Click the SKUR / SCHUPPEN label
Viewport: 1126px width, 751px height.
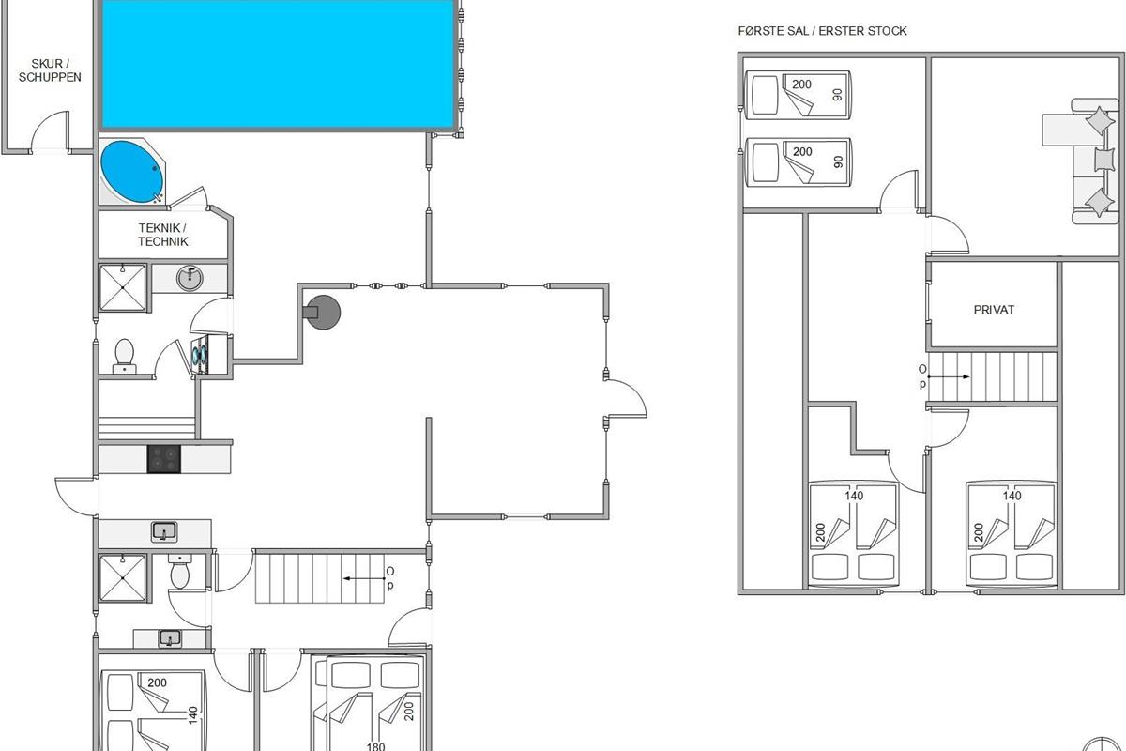tap(50, 70)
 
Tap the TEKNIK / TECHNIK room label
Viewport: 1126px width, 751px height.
tap(163, 235)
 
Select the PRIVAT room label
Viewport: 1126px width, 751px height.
tap(994, 310)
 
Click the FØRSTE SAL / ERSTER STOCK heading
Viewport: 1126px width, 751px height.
tap(822, 31)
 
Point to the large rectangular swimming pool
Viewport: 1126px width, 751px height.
tap(278, 64)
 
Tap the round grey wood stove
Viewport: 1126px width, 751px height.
tap(322, 313)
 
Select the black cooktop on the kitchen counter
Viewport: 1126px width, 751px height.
tap(164, 459)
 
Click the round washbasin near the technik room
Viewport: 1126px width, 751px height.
tap(190, 278)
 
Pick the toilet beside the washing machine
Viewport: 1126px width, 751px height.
tap(124, 356)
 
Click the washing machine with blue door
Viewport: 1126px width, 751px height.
tap(201, 355)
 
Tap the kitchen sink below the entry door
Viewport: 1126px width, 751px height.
tap(164, 532)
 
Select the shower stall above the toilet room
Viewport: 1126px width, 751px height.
tap(123, 288)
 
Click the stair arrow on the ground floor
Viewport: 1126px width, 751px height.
tap(363, 578)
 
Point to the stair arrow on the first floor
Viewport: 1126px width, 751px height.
tap(949, 376)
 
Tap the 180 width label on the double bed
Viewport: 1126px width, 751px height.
tap(375, 745)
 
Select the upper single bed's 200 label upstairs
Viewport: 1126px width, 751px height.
tap(801, 84)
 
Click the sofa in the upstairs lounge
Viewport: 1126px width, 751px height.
tap(1094, 161)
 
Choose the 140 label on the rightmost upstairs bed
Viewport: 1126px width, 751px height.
tap(1012, 496)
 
